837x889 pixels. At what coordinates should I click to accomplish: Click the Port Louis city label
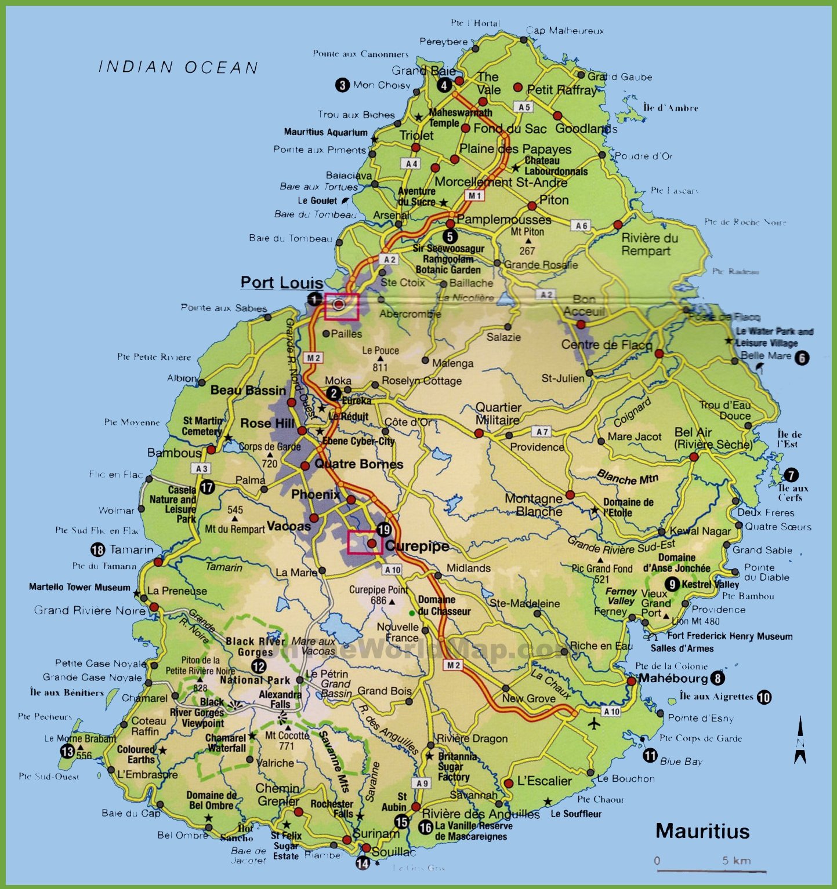282,282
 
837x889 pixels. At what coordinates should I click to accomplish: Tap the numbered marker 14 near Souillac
363,864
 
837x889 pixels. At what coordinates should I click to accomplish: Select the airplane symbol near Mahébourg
594,723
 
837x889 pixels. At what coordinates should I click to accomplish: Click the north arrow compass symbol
800,739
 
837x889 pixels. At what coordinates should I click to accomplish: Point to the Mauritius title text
702,831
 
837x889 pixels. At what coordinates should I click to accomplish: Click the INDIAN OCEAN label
178,67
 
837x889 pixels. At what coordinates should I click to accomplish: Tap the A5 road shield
524,107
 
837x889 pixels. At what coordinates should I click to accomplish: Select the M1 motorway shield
474,196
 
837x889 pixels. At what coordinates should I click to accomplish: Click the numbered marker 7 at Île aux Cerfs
791,475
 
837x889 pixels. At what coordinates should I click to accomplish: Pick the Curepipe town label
417,546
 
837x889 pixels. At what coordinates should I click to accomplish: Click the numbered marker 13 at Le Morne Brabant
67,752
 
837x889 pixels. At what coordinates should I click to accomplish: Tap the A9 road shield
422,783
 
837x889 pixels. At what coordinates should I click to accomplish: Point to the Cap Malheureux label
564,31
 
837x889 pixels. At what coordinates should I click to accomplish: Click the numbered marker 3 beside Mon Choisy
342,85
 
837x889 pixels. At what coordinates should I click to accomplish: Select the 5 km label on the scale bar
736,861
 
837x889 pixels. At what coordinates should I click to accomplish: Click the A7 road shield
542,432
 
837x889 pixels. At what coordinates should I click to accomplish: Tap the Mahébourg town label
673,679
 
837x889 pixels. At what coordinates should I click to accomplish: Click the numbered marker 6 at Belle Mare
801,358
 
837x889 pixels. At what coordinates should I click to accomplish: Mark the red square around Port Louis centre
342,306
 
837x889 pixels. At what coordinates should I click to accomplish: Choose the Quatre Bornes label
358,464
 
